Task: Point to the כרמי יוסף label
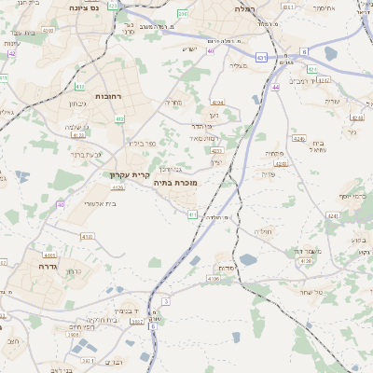coord(353,196)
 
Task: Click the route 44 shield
coord(276,87)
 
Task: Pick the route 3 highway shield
coord(166,301)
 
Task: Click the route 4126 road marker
coord(306,261)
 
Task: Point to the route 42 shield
coord(12,53)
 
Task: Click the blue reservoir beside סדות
coord(249,259)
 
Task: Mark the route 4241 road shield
coord(333,215)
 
